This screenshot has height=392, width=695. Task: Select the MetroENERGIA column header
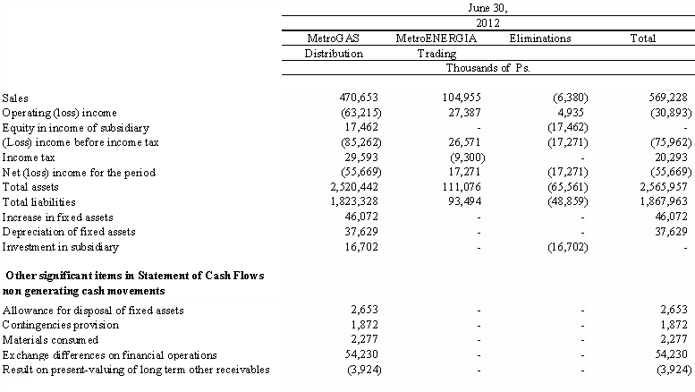(436, 38)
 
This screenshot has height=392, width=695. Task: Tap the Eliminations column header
(539, 38)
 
